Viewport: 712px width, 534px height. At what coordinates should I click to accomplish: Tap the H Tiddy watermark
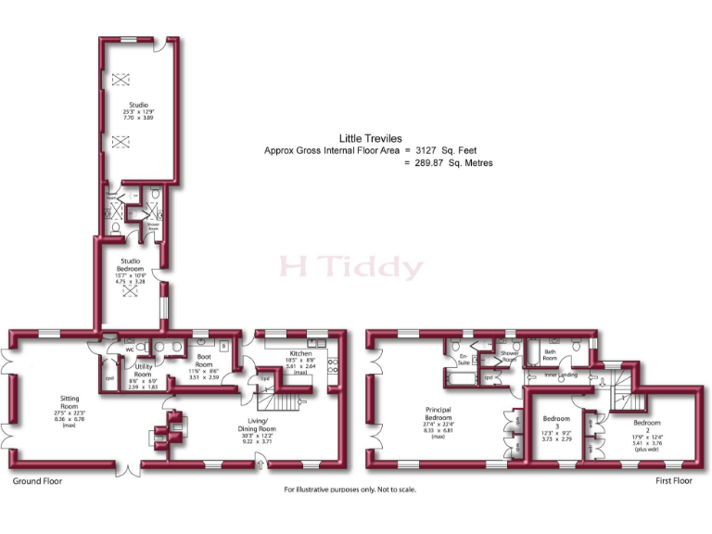[x=351, y=268]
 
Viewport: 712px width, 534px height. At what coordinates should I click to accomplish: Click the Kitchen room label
[x=300, y=354]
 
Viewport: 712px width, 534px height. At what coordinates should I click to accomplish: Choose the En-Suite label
[x=464, y=357]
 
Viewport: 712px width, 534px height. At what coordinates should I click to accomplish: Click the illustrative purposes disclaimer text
[x=350, y=489]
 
